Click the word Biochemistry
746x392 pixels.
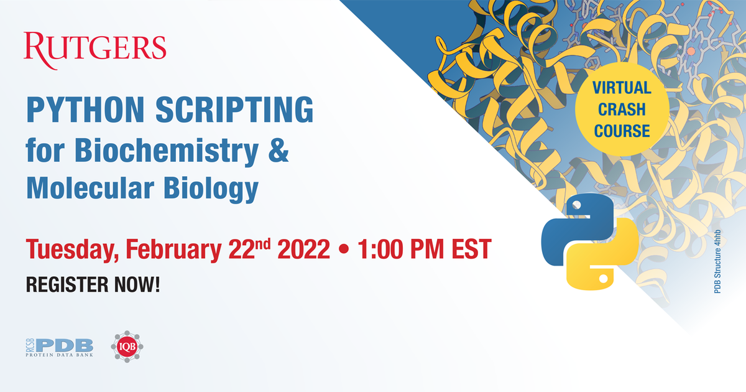155,151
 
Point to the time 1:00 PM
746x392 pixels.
402,250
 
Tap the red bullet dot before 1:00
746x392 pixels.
343,250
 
